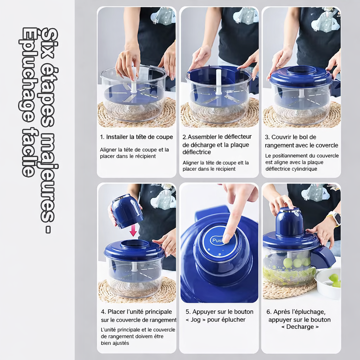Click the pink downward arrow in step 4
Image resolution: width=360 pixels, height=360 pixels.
pyautogui.click(x=133, y=231)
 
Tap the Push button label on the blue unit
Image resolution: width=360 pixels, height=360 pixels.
pyautogui.click(x=217, y=240)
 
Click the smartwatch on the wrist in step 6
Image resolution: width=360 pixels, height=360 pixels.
pyautogui.click(x=336, y=218)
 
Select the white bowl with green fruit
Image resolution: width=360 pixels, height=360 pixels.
pyautogui.click(x=328, y=283)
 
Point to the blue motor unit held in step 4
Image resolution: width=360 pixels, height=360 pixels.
pyautogui.click(x=127, y=211)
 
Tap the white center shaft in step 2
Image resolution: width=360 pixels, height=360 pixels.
pyautogui.click(x=219, y=82)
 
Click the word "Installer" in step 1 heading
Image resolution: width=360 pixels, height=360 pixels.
pyautogui.click(x=117, y=137)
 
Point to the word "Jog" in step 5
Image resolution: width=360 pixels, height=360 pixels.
pyautogui.click(x=195, y=320)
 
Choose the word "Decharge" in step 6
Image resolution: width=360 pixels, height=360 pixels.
pyautogui.click(x=300, y=327)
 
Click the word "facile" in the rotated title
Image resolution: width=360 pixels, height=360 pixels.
pyautogui.click(x=28, y=152)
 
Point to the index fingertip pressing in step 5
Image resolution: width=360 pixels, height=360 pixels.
pyautogui.click(x=226, y=239)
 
